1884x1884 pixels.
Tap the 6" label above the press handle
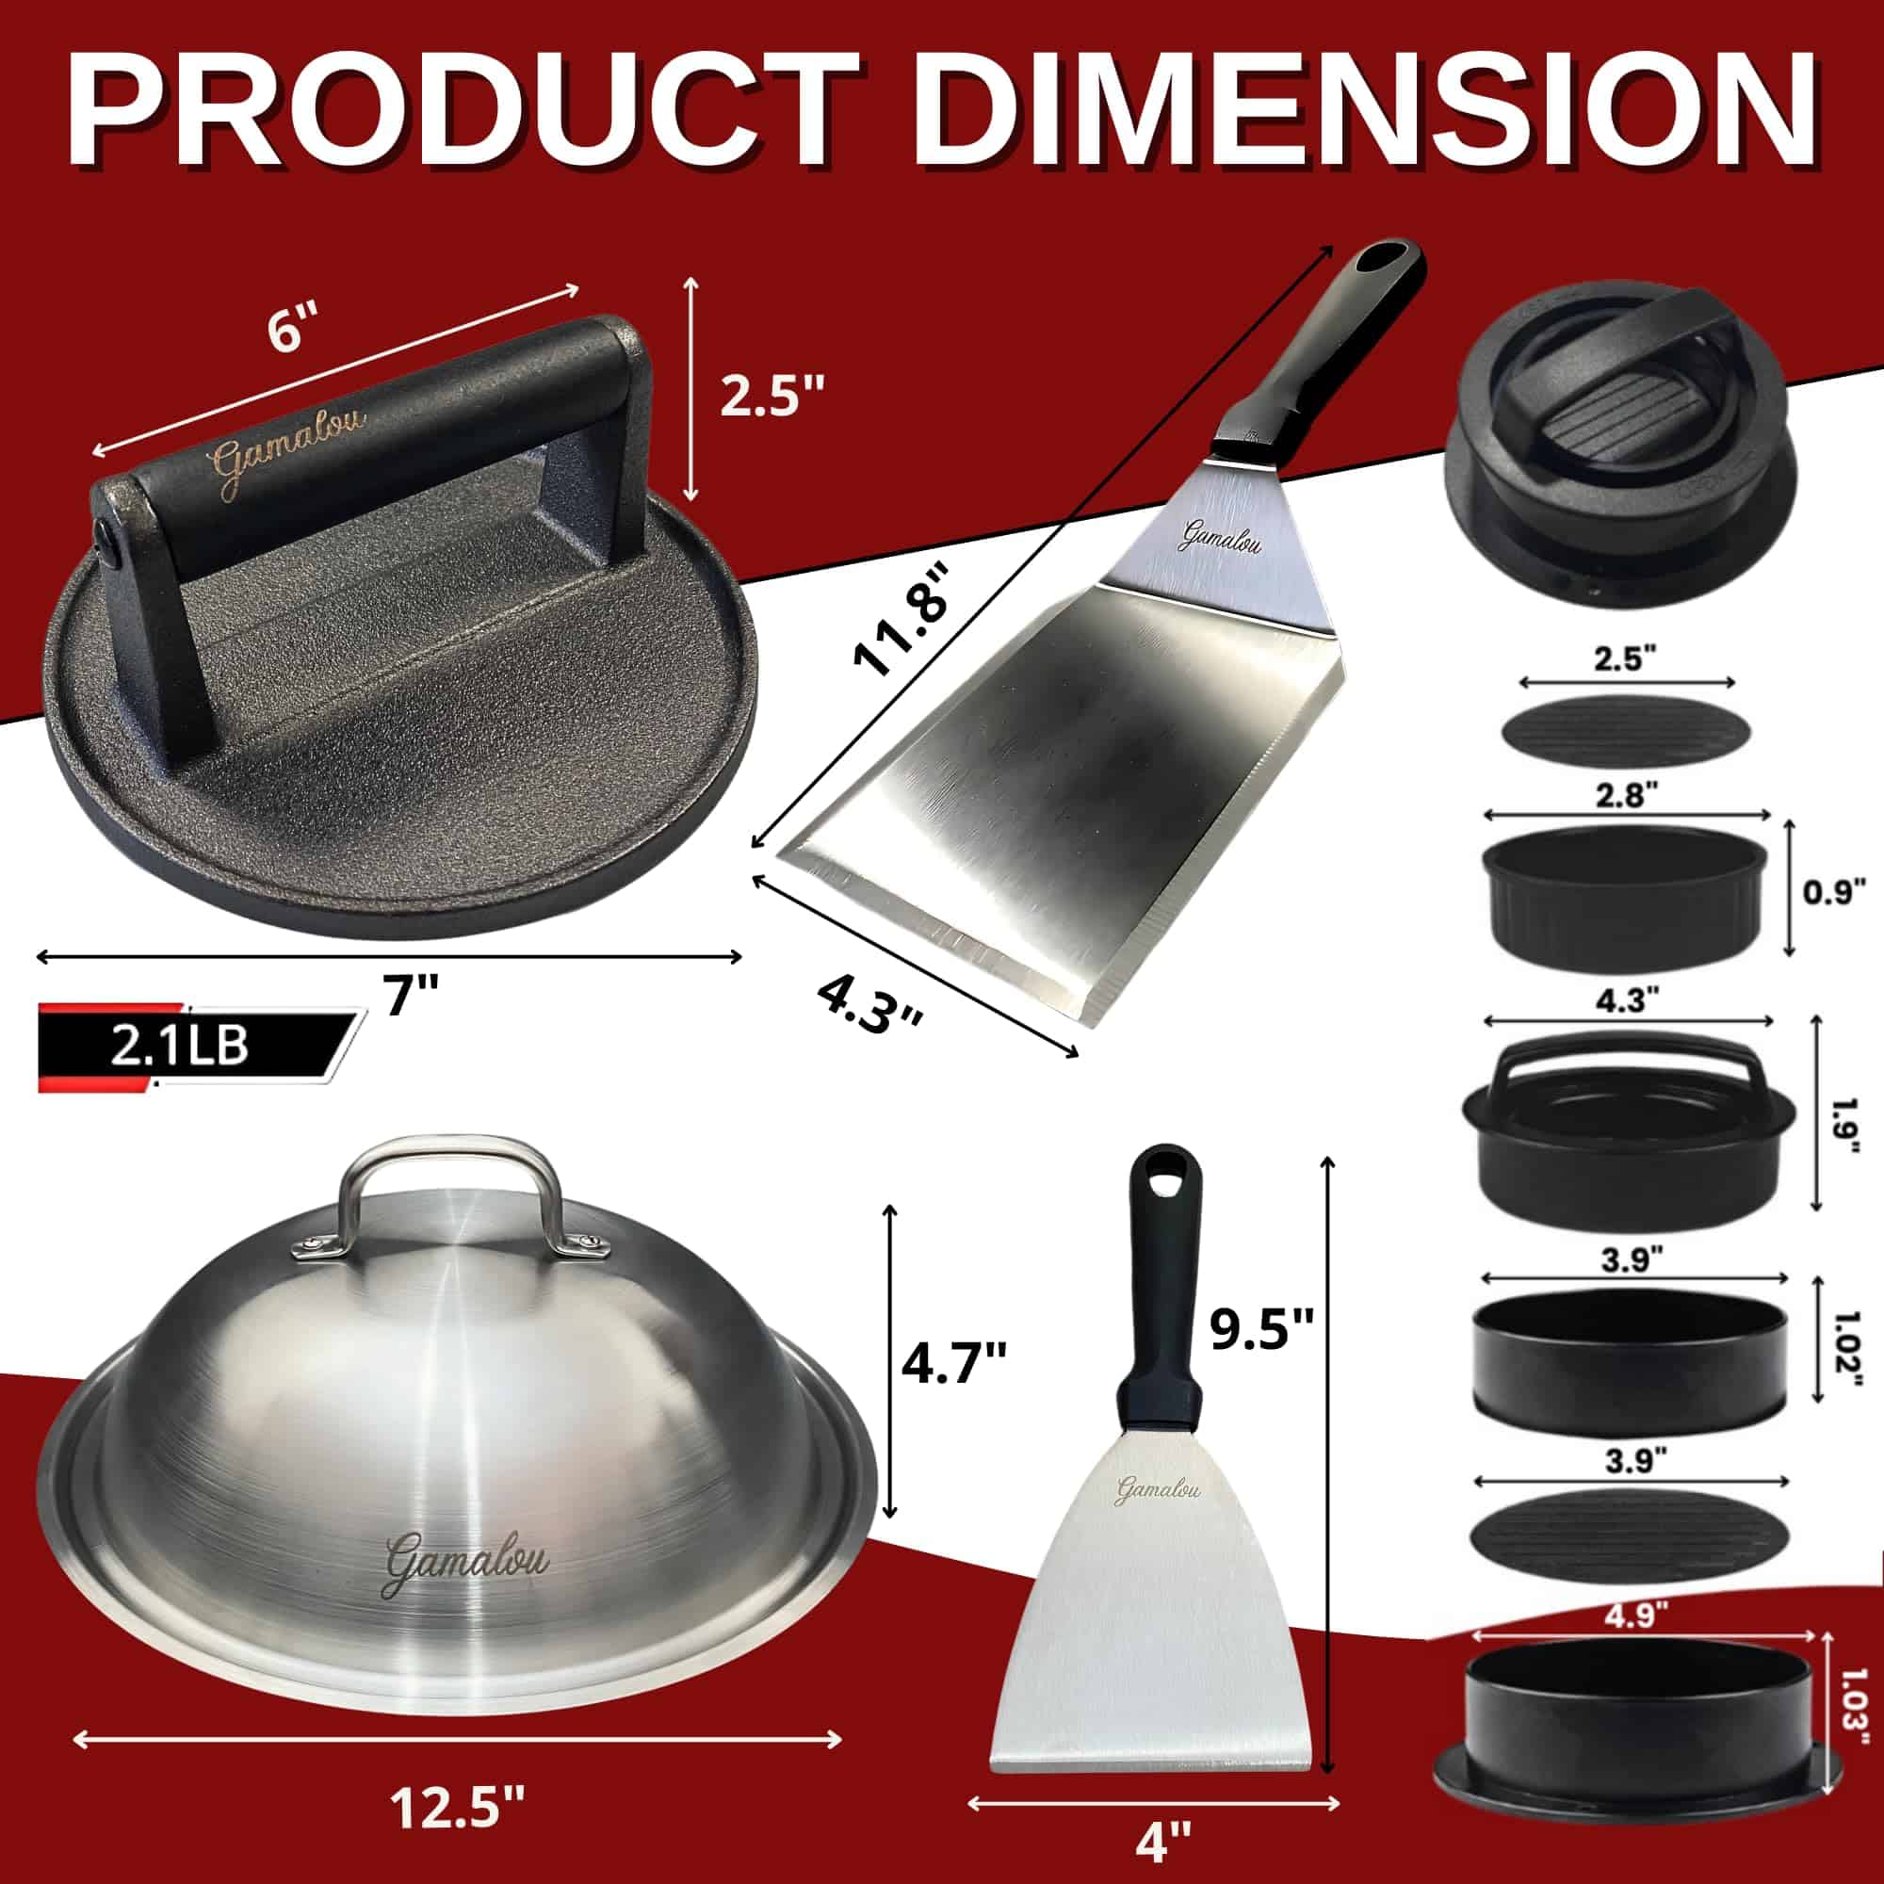click(293, 332)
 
